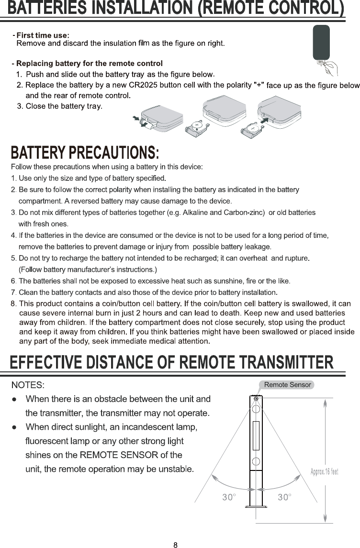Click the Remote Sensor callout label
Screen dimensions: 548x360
(x=288, y=384)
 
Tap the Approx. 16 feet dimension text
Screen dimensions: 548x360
(x=325, y=472)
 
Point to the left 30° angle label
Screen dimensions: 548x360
(x=229, y=497)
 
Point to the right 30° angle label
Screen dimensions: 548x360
(x=284, y=497)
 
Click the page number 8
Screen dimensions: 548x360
(x=176, y=545)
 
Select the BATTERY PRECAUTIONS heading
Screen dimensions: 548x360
(x=85, y=153)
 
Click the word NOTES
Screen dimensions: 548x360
(x=28, y=385)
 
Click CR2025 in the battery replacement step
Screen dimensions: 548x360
(x=141, y=86)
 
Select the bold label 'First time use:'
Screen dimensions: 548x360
(x=43, y=35)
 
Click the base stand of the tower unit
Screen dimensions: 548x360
(x=256, y=506)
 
